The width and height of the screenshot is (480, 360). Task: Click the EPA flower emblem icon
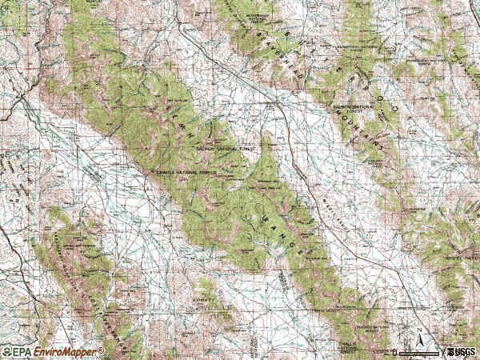point(6,351)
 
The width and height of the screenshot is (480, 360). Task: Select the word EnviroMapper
point(65,351)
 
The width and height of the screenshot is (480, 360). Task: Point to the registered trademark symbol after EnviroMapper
point(101,350)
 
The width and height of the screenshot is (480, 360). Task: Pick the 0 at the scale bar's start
point(395,352)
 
